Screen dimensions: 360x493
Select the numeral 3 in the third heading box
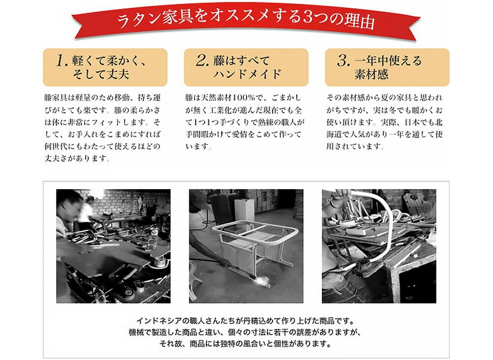point(343,61)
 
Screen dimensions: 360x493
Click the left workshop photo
point(113,246)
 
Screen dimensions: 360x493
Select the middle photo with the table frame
point(246,246)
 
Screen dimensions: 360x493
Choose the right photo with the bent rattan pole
point(379,246)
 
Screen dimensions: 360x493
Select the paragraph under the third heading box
point(385,122)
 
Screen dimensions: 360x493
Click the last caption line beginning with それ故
point(245,344)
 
